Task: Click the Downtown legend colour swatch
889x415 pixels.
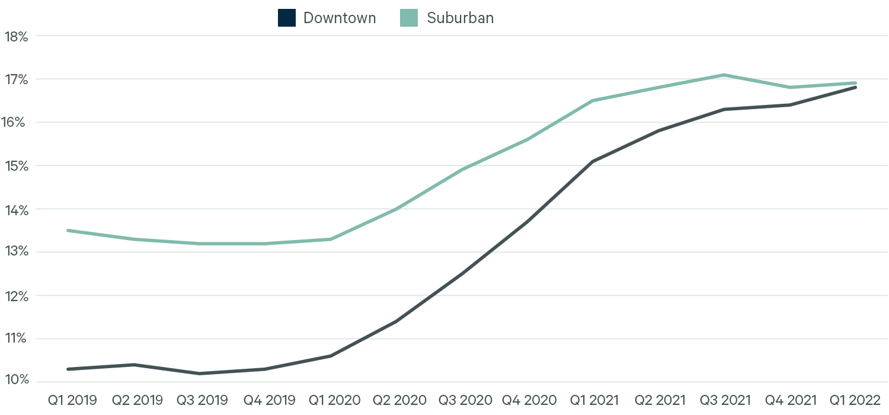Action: (x=286, y=18)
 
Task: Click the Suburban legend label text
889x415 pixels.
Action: (x=460, y=18)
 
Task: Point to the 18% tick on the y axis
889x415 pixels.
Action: (x=16, y=36)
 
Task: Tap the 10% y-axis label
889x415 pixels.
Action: (x=16, y=380)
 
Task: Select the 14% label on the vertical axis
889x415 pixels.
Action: (x=16, y=209)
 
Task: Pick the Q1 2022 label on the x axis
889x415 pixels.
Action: (x=854, y=400)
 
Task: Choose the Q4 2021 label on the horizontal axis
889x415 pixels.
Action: (x=789, y=400)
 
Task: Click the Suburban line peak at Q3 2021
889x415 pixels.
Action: (x=724, y=75)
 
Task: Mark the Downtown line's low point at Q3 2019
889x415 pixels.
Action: (x=199, y=373)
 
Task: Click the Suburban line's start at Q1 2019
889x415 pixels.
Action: (x=68, y=230)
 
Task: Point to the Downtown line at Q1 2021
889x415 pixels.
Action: (x=593, y=161)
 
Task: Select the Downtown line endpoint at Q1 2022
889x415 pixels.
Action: (x=855, y=87)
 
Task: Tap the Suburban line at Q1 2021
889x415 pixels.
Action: (x=593, y=101)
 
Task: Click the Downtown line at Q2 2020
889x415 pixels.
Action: (x=396, y=321)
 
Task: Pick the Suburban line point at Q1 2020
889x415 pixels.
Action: (x=330, y=239)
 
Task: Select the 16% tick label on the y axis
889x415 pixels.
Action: (x=16, y=123)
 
